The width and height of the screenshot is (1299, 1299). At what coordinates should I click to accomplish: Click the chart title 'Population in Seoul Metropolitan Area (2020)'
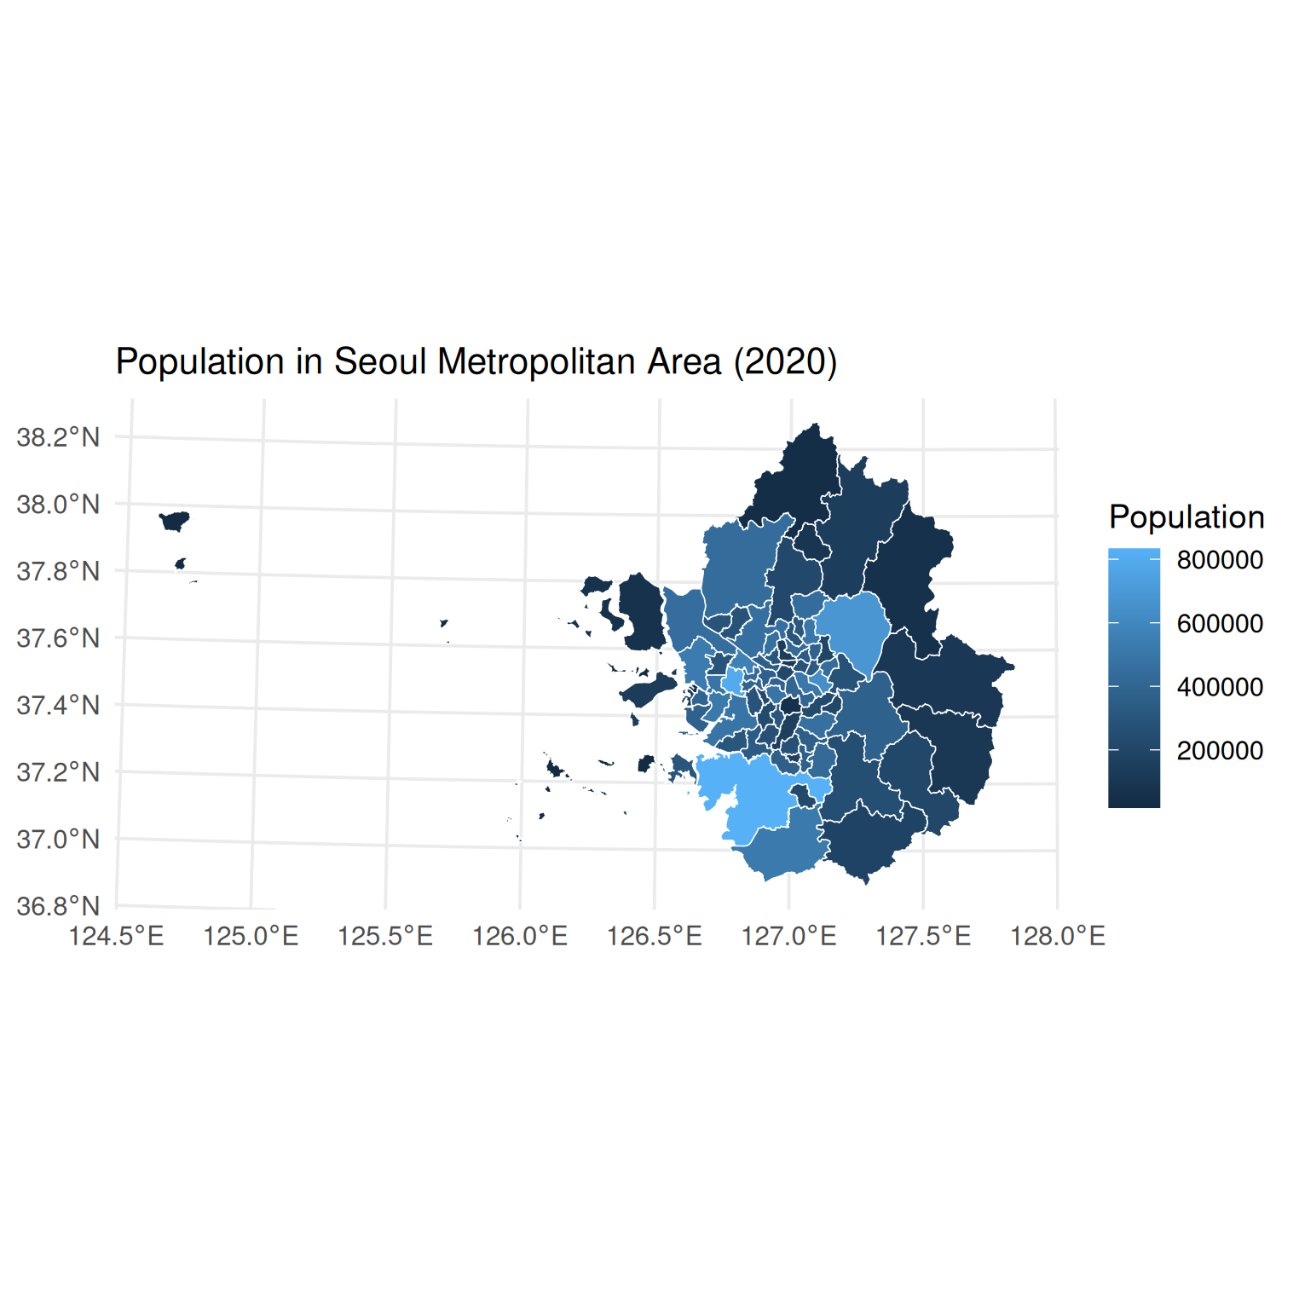tap(476, 362)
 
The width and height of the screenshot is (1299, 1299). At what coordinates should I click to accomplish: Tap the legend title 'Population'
tap(1186, 517)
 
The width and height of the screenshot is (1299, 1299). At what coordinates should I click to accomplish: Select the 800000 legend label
tap(1220, 560)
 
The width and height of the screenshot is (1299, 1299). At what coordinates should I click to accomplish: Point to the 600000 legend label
tap(1220, 624)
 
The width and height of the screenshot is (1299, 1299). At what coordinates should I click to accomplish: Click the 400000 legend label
tap(1220, 687)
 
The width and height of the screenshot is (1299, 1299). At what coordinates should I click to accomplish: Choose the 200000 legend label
tap(1220, 751)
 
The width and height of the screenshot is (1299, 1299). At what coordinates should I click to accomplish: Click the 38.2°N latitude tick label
tap(58, 438)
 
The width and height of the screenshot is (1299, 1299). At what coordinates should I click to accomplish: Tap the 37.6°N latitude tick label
tap(58, 638)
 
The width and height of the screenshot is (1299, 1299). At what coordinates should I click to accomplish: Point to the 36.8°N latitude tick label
tap(58, 906)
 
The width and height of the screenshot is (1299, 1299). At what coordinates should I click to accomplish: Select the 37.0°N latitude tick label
tap(58, 840)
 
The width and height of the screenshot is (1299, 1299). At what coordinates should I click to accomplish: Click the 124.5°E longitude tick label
tap(116, 937)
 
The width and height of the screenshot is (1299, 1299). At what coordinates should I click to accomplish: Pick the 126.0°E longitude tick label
tap(520, 937)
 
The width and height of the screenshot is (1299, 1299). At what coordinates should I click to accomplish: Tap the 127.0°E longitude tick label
tap(788, 937)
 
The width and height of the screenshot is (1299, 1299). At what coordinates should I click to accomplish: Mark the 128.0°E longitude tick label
tap(1058, 937)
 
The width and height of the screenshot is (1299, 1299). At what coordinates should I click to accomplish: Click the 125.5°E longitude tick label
tap(385, 937)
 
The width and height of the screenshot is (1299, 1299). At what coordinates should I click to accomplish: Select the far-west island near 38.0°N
tap(175, 520)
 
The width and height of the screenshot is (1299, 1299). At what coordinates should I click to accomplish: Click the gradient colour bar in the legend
tap(1134, 678)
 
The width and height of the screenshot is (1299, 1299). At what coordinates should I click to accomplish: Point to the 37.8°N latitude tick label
tap(58, 571)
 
